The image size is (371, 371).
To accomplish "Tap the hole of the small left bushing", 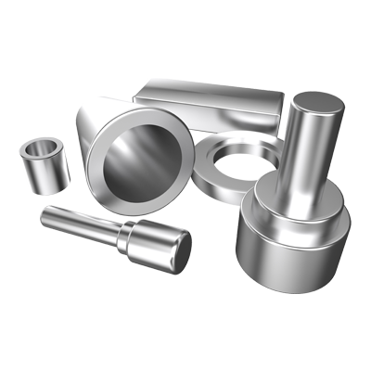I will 42,147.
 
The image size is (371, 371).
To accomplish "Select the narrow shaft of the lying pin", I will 79,224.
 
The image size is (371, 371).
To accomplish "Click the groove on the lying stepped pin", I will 121,236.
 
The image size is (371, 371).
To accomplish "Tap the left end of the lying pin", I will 45,217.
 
